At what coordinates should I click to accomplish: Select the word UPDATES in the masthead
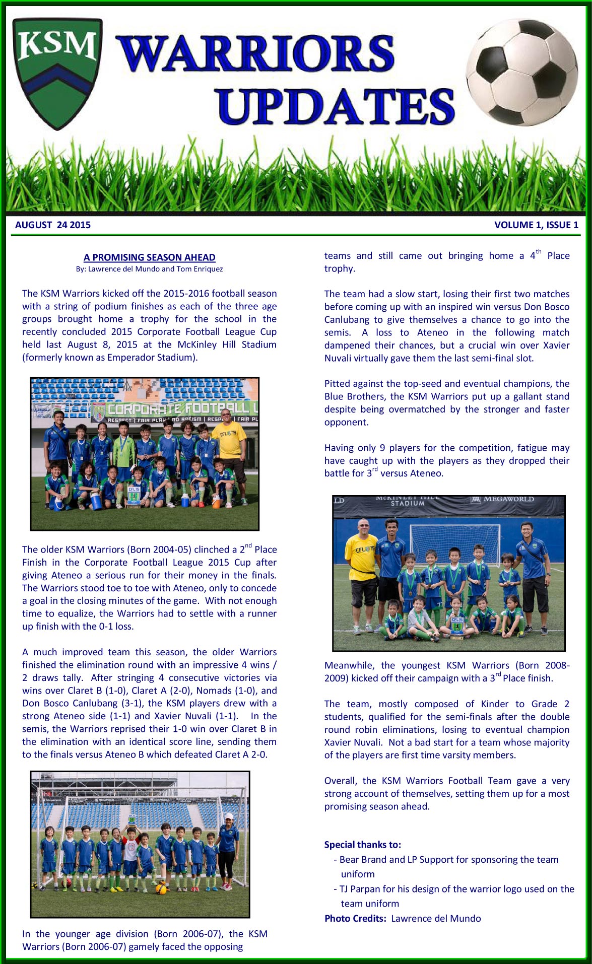click(x=337, y=107)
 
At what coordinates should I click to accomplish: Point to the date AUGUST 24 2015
click(x=53, y=225)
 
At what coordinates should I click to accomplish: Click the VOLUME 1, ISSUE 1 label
click(x=536, y=225)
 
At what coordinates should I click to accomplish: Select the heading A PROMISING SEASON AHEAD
click(x=149, y=257)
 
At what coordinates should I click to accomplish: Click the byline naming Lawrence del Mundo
click(x=149, y=269)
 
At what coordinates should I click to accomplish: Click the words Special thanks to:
click(x=363, y=845)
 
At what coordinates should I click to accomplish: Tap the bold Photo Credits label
click(x=355, y=918)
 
